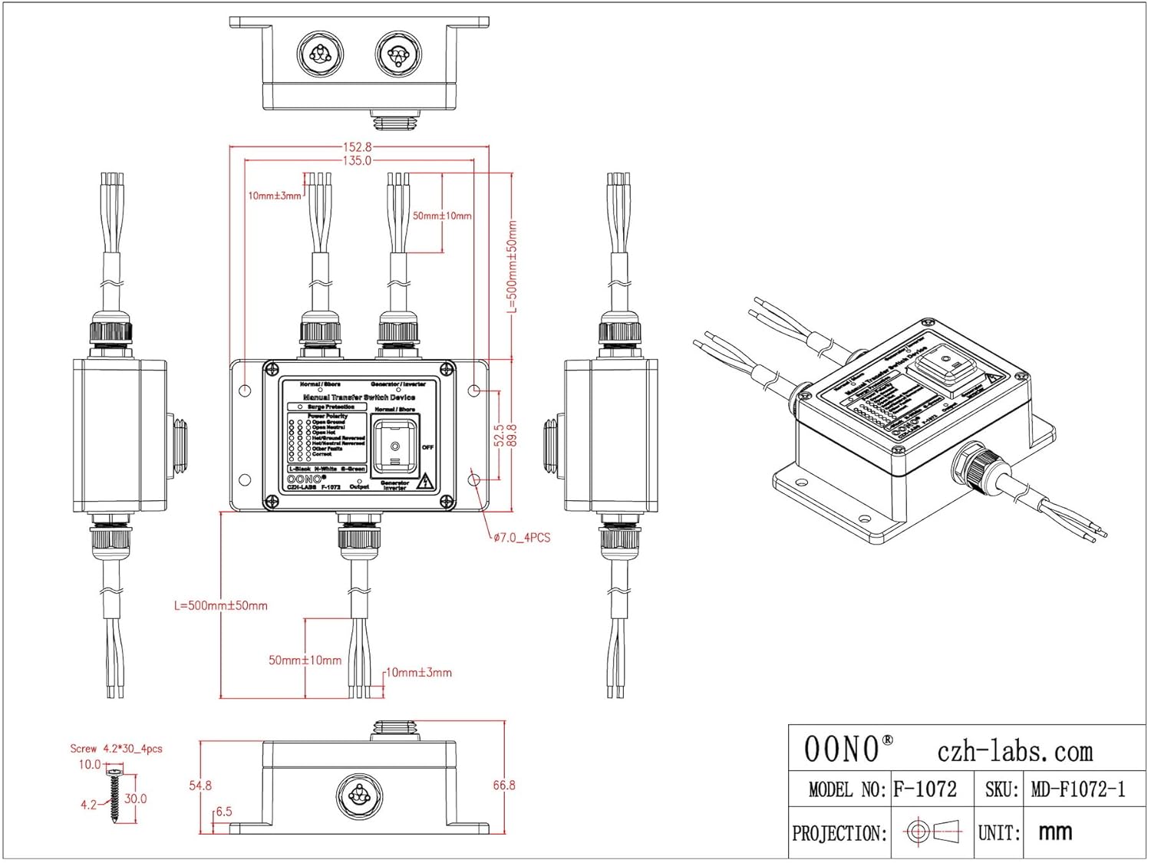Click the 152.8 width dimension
pyautogui.click(x=357, y=147)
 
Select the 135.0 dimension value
pyautogui.click(x=357, y=161)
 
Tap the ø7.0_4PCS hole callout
pyautogui.click(x=522, y=538)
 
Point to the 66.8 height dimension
pyautogui.click(x=504, y=786)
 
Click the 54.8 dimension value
pyautogui.click(x=200, y=786)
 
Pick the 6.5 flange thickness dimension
pyautogui.click(x=223, y=812)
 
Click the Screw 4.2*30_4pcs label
pyautogui.click(x=117, y=749)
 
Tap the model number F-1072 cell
pyautogui.click(x=925, y=789)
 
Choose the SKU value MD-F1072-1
pyautogui.click(x=1078, y=789)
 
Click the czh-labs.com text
pyautogui.click(x=1014, y=752)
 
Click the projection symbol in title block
pyautogui.click(x=932, y=832)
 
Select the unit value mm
pyautogui.click(x=1055, y=832)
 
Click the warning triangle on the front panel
pyautogui.click(x=425, y=482)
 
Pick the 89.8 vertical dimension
pyautogui.click(x=512, y=435)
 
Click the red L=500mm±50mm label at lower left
pyautogui.click(x=221, y=606)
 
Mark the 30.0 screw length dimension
pyautogui.click(x=136, y=799)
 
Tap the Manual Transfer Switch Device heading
pyautogui.click(x=359, y=397)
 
